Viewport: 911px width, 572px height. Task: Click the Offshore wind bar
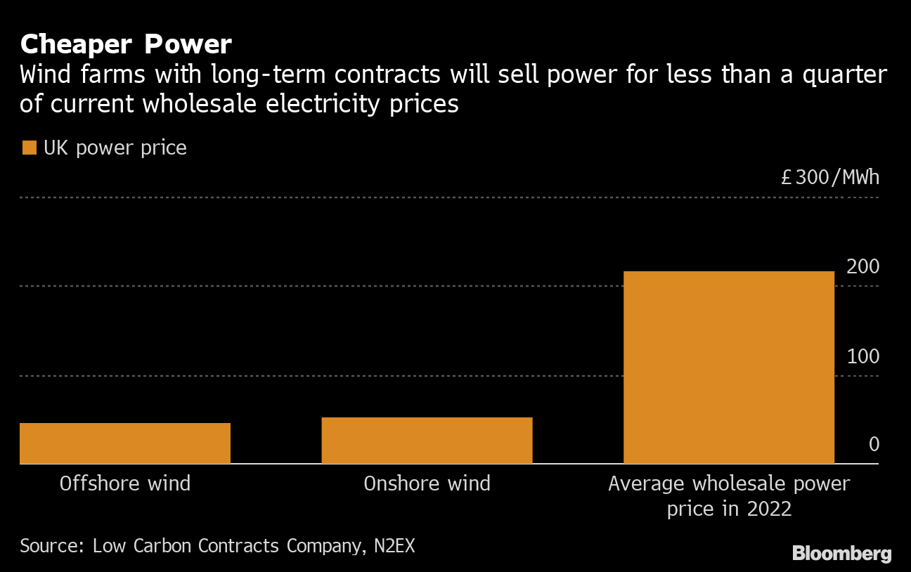pyautogui.click(x=125, y=443)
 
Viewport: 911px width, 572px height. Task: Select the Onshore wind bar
pyautogui.click(x=427, y=441)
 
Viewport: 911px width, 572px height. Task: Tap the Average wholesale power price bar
pyautogui.click(x=729, y=368)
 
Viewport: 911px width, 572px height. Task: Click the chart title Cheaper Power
pyautogui.click(x=126, y=44)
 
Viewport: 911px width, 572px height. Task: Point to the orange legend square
pyautogui.click(x=30, y=148)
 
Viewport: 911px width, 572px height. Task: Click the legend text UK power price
pyautogui.click(x=115, y=148)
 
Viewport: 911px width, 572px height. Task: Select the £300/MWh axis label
pyautogui.click(x=830, y=177)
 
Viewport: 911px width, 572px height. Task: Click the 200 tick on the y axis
pyautogui.click(x=863, y=268)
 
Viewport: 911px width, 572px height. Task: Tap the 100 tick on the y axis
pyautogui.click(x=863, y=357)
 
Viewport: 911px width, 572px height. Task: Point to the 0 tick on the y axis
pyautogui.click(x=874, y=445)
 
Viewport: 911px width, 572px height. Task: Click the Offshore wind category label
pyautogui.click(x=125, y=483)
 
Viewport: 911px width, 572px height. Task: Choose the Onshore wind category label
pyautogui.click(x=427, y=483)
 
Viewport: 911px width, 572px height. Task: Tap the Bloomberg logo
pyautogui.click(x=841, y=554)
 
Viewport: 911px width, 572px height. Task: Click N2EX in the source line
pyautogui.click(x=393, y=546)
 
